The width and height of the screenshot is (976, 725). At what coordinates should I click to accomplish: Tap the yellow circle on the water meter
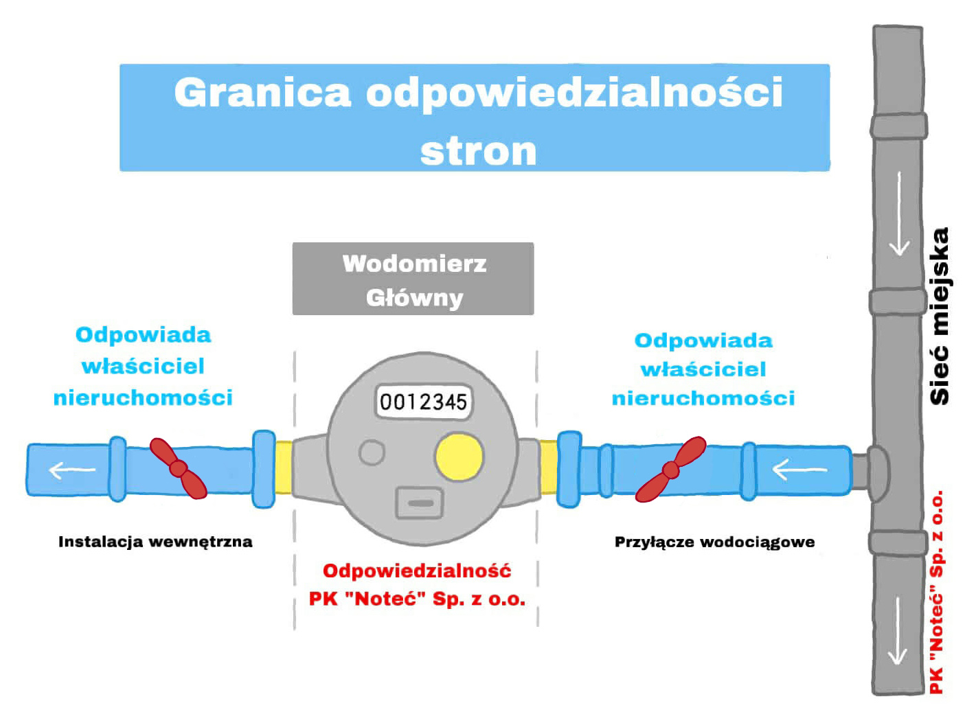coord(459,457)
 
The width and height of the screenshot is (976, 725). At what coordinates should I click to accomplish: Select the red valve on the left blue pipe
coord(179,468)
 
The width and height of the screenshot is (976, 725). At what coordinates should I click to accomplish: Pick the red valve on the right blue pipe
coord(670,470)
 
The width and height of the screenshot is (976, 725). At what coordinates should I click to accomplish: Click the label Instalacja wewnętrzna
coord(155,542)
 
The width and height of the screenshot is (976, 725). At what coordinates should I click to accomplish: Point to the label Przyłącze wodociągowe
coord(714,542)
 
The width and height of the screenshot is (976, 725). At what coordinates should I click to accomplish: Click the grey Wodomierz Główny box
coord(413,279)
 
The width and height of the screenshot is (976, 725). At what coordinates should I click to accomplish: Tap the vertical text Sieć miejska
coord(939,316)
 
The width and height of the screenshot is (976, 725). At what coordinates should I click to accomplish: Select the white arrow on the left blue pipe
coord(71,470)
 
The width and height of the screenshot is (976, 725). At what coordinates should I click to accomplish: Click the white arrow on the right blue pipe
coord(799,470)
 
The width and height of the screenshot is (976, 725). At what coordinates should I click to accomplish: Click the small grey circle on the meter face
coord(372,452)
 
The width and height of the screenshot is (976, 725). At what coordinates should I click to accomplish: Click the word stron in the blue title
coord(478,152)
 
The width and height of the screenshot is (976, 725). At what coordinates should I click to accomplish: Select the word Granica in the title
coord(262,93)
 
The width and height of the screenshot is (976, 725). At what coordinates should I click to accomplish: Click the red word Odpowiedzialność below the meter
coord(417,571)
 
